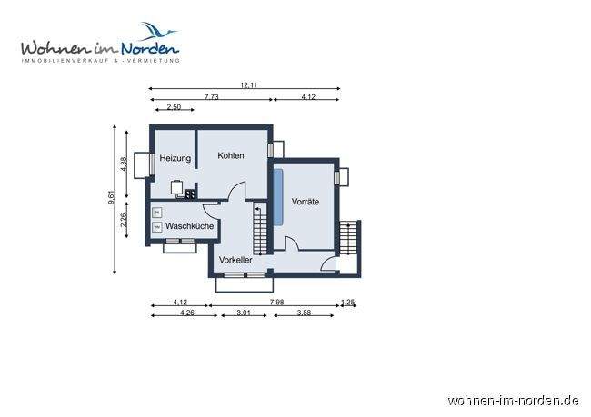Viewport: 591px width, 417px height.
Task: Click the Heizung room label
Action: tap(175, 159)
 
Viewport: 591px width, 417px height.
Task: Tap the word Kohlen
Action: tap(231, 155)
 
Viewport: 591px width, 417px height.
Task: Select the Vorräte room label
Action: tap(305, 202)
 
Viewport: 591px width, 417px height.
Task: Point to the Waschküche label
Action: tap(189, 224)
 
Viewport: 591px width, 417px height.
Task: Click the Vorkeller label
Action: tap(235, 260)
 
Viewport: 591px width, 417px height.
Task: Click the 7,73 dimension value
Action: tap(211, 96)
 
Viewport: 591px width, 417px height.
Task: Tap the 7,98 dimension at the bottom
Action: tap(276, 303)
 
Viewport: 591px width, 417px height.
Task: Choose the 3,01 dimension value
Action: tap(244, 313)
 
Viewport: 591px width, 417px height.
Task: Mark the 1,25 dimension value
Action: tap(346, 303)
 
